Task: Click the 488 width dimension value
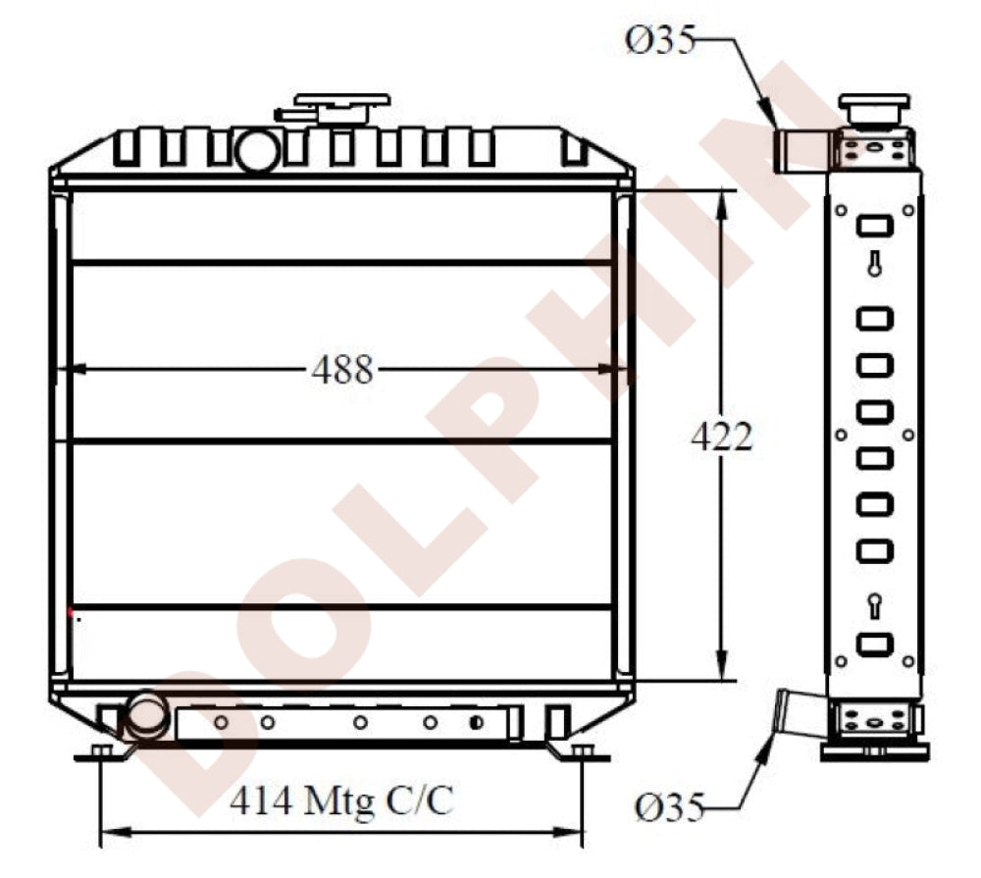tap(342, 370)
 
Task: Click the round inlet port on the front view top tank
tap(257, 151)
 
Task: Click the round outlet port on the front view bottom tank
tap(145, 715)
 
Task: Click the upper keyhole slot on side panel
tap(873, 264)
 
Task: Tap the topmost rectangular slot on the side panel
tap(873, 227)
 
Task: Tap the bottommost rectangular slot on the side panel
tap(873, 645)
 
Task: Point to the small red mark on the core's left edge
tap(71, 612)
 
